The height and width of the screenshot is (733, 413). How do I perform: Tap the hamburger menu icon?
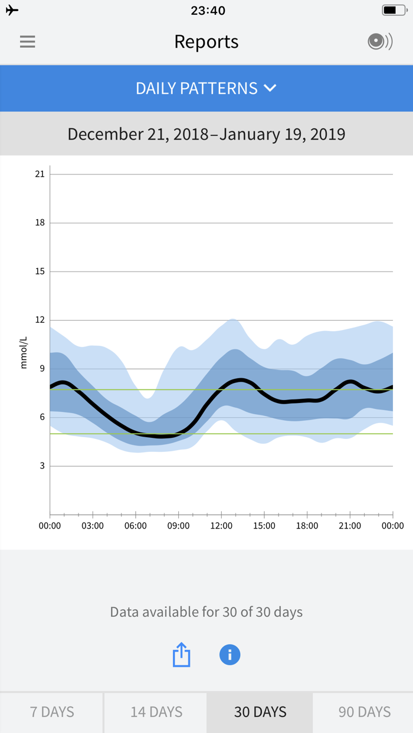coord(27,42)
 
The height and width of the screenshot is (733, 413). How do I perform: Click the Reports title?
coord(206,42)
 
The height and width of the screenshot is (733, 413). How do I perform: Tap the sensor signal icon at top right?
coord(379,42)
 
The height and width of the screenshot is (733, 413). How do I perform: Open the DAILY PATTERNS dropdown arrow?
coord(270,88)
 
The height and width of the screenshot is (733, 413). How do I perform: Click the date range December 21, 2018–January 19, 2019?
coord(206,134)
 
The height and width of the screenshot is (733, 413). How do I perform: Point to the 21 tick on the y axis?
coord(40,174)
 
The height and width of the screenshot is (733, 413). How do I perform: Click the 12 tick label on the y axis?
coord(40,320)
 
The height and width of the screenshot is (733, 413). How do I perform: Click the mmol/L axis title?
coord(24,353)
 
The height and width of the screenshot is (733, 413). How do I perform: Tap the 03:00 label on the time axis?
coord(93,526)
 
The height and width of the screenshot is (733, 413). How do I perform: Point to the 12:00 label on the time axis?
coord(221,526)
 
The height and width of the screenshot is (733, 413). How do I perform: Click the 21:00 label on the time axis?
coord(350,526)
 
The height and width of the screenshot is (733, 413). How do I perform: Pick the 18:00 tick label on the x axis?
coord(307,526)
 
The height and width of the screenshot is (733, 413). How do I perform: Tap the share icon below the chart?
coord(181,655)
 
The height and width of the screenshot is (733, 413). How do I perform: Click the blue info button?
coord(230,655)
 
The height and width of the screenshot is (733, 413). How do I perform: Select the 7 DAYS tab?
coord(52,712)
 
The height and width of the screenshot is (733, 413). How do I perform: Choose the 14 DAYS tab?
coord(156,712)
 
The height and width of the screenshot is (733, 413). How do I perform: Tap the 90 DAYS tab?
coord(364,712)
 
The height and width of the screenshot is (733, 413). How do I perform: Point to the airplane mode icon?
coord(12,11)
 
